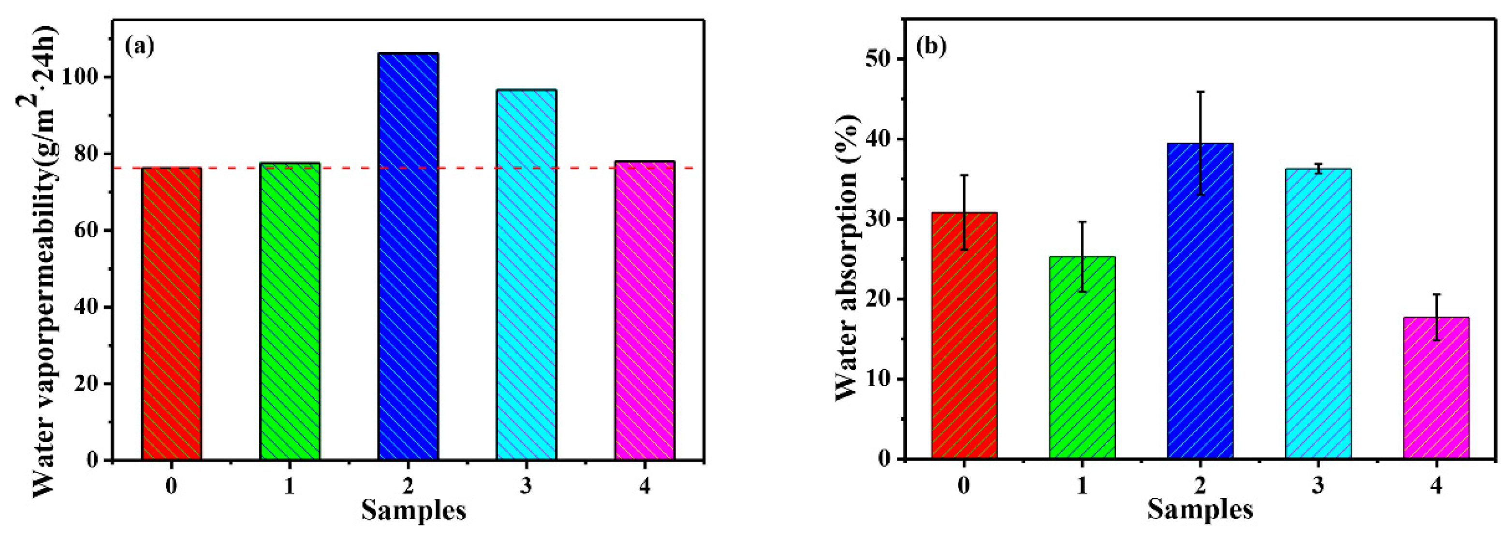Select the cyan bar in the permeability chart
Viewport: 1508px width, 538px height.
click(x=527, y=275)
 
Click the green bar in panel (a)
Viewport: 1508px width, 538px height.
click(x=290, y=310)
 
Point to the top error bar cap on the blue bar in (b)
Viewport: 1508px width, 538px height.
click(x=1200, y=92)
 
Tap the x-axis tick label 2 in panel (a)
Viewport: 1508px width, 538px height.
click(x=408, y=486)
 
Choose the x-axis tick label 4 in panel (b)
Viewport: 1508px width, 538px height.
click(x=1436, y=486)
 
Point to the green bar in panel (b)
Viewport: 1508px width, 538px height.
click(x=1083, y=357)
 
